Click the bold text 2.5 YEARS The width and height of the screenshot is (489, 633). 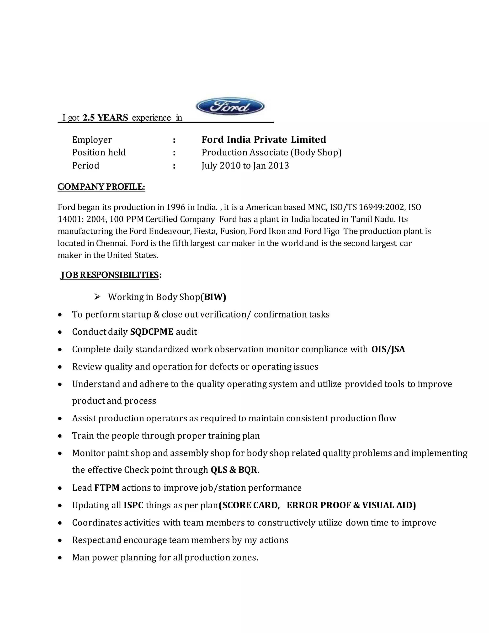[x=105, y=118]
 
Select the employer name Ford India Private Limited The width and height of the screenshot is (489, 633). [x=264, y=140]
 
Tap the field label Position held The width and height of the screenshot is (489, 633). [x=99, y=152]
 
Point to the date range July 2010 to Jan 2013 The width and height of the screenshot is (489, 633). [x=245, y=166]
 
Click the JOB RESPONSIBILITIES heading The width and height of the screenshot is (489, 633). [x=110, y=275]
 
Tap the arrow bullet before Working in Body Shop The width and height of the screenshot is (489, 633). [x=97, y=297]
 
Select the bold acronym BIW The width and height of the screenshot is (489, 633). [x=214, y=297]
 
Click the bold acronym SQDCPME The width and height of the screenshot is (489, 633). [x=152, y=332]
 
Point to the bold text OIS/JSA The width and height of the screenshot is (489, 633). [x=388, y=349]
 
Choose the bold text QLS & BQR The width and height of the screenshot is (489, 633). [x=234, y=470]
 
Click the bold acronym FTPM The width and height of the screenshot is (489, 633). [x=107, y=488]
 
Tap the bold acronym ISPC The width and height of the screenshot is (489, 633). [x=133, y=505]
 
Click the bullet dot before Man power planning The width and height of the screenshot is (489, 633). [x=60, y=558]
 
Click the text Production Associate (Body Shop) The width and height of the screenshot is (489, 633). [x=271, y=152]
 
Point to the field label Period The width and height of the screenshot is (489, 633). [x=85, y=166]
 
